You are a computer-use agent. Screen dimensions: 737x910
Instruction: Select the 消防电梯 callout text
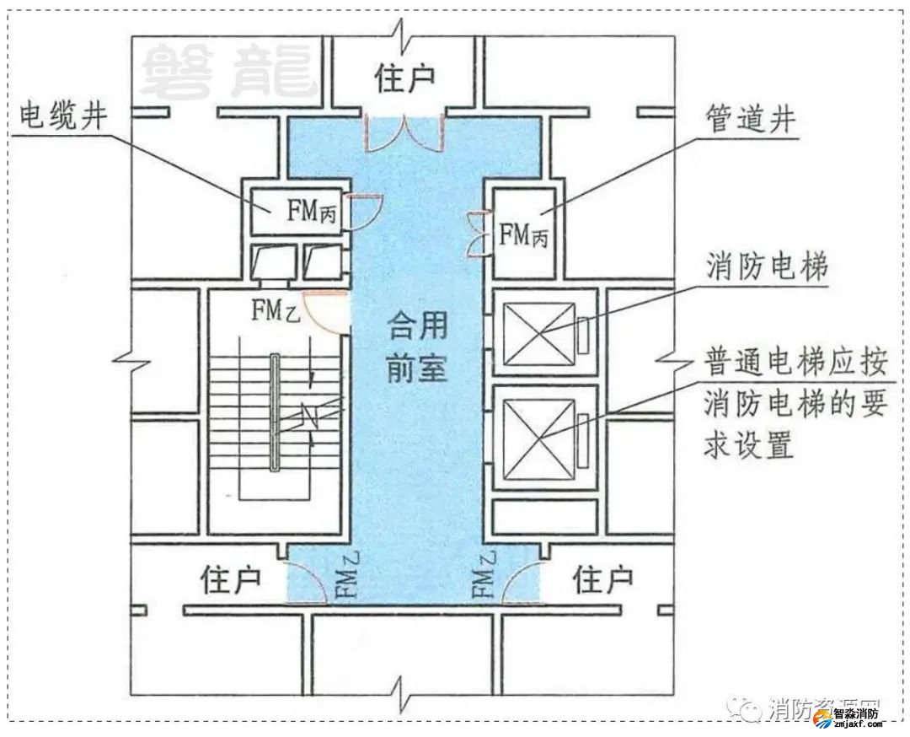767,267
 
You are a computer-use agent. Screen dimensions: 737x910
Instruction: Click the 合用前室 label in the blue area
415,346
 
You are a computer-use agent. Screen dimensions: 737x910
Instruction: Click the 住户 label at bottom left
230,580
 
